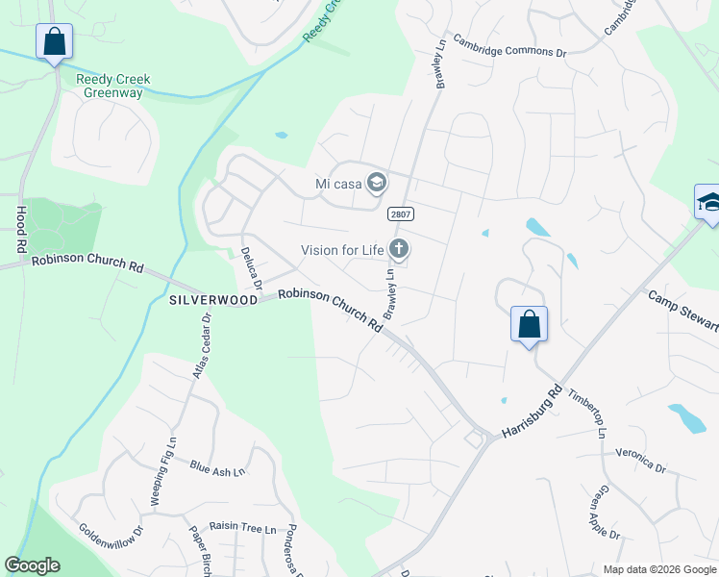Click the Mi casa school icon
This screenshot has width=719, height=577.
(377, 183)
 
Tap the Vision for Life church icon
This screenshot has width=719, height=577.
(399, 250)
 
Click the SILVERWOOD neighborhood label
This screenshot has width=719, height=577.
(213, 300)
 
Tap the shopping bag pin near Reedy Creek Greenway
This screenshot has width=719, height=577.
(55, 42)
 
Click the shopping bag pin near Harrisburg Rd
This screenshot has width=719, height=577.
(529, 325)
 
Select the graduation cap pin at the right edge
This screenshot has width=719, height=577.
(707, 203)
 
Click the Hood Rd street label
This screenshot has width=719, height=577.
(21, 229)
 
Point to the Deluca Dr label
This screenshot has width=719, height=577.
(251, 268)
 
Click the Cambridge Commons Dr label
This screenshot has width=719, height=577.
(510, 48)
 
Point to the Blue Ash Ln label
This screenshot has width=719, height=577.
(217, 469)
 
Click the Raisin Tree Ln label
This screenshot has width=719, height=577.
(243, 528)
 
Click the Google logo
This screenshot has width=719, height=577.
(33, 565)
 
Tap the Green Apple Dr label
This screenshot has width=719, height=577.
(605, 513)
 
